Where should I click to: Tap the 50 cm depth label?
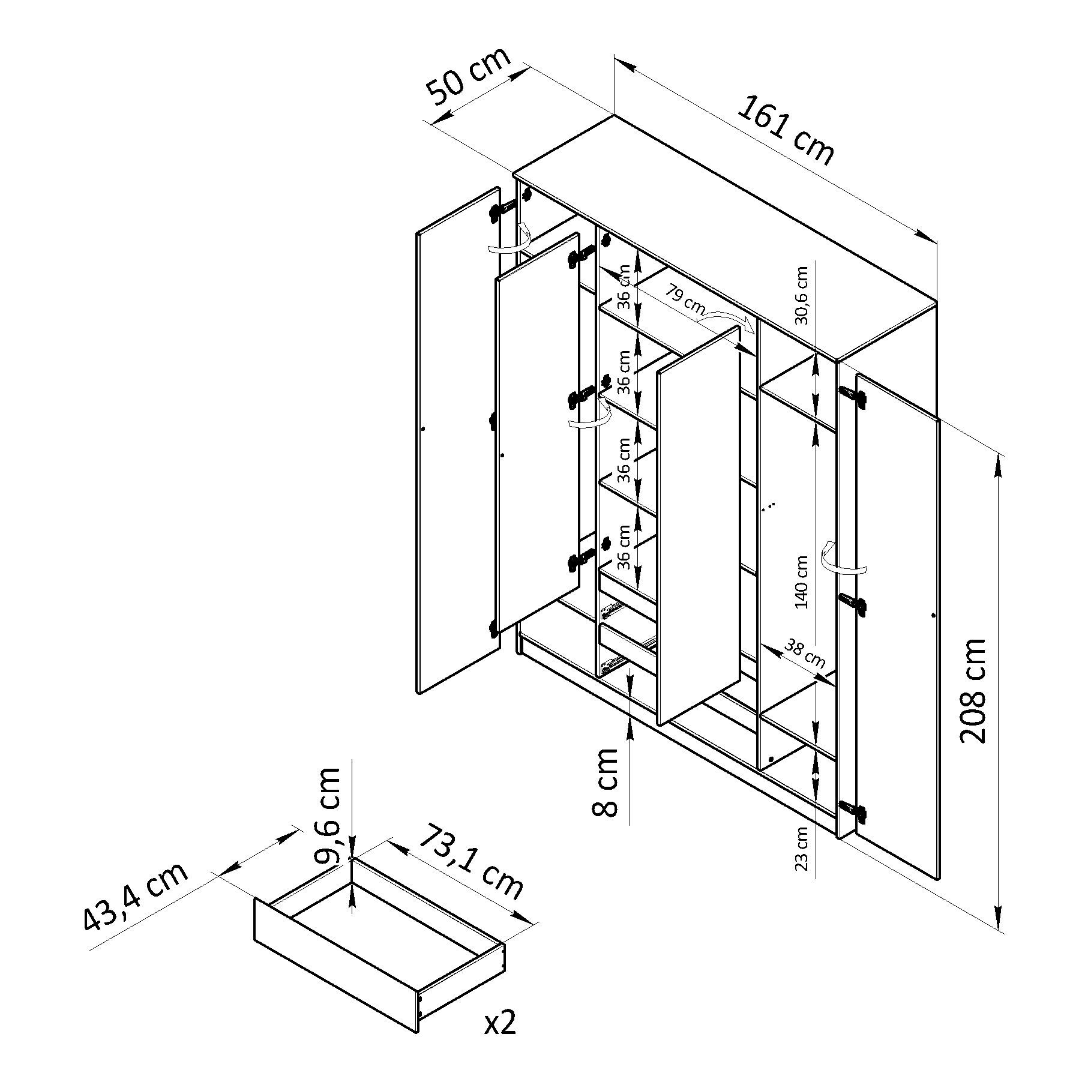tap(469, 74)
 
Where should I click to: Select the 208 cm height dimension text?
tap(973, 691)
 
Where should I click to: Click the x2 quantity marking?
tap(500, 1024)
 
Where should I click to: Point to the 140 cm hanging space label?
tap(802, 582)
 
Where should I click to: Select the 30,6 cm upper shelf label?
tap(802, 295)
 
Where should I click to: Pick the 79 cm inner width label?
tap(684, 297)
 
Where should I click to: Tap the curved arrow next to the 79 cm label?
tap(726, 320)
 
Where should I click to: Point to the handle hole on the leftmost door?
tap(424, 429)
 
